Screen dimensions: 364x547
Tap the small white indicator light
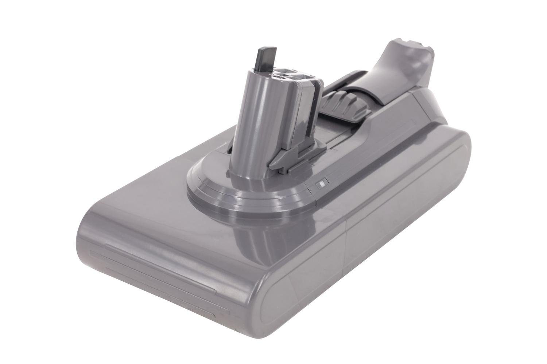322,185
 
